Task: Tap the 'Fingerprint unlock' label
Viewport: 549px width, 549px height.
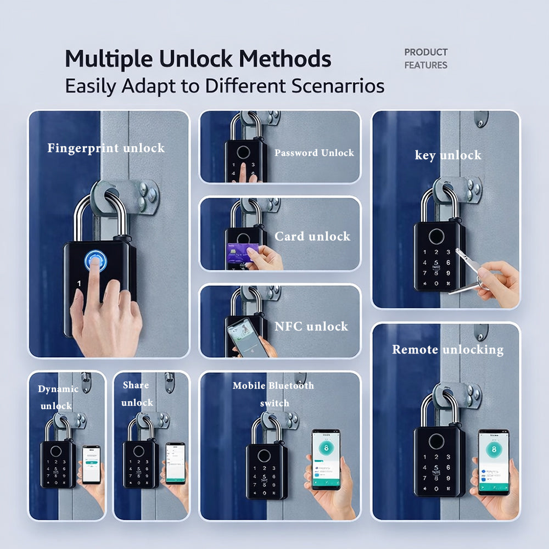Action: (x=106, y=148)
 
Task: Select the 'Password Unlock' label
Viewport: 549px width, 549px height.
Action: (x=314, y=153)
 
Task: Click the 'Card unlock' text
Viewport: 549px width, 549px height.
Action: (x=312, y=237)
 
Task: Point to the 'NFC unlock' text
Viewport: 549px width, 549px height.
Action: (x=311, y=327)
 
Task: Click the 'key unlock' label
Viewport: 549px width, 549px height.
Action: (x=448, y=155)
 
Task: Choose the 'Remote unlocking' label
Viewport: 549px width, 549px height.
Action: (x=447, y=350)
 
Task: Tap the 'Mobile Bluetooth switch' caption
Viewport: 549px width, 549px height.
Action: (x=273, y=394)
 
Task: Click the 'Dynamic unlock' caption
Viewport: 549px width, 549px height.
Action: (x=58, y=397)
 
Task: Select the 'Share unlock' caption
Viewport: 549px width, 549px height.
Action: (x=137, y=394)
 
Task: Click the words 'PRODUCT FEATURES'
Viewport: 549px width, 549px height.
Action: (x=426, y=59)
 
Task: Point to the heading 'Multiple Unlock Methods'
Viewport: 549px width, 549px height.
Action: (x=198, y=59)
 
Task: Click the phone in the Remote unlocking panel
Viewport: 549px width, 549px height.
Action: (x=493, y=462)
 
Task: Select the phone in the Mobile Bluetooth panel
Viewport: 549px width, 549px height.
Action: (x=326, y=459)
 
